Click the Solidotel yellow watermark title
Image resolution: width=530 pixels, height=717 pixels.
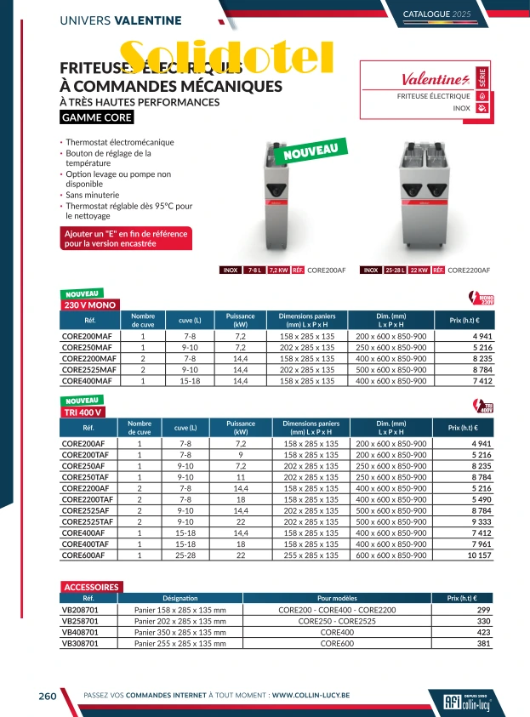[x=225, y=58]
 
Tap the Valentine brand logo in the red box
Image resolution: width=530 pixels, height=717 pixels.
[x=435, y=80]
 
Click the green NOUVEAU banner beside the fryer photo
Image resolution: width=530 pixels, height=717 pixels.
[x=316, y=152]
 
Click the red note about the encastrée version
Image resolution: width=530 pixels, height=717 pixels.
[x=126, y=238]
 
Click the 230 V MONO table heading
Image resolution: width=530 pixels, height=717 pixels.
[x=91, y=304]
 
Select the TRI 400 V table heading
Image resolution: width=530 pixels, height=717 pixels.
[x=83, y=413]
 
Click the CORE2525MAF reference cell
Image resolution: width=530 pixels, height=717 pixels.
[x=88, y=371]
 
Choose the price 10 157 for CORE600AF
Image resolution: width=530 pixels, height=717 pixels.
[x=479, y=555]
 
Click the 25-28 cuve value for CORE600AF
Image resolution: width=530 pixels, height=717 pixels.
[x=185, y=555]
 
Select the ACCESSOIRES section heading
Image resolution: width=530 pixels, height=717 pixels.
[x=92, y=587]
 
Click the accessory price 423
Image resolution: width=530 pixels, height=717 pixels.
[x=483, y=633]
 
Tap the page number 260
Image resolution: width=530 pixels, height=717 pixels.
[x=48, y=696]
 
